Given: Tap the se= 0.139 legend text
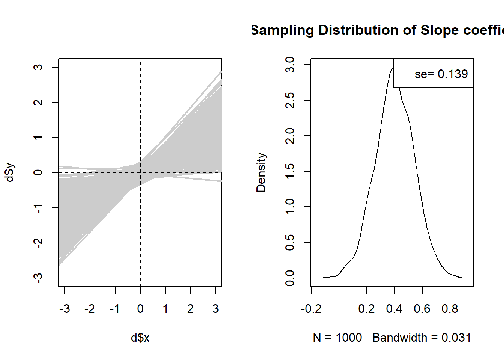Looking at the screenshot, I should [441, 74].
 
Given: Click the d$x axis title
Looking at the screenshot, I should [140, 338].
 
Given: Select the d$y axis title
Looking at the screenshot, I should [10, 172].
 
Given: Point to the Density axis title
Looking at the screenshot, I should [261, 172].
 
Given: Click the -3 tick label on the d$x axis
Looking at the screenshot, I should [64, 309].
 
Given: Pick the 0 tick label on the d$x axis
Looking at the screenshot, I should [140, 309].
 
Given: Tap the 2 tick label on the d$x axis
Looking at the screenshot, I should [190, 309].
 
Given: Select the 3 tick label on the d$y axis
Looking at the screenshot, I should [38, 67].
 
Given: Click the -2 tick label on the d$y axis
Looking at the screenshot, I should [38, 243].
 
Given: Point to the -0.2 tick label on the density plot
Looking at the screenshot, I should [311, 309].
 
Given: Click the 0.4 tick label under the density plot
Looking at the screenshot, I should [394, 309].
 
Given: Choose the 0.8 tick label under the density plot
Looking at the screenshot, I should [450, 309].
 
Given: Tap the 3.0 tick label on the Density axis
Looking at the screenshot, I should [290, 65].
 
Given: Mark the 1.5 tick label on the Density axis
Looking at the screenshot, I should [290, 171].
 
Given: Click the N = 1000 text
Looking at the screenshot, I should [337, 338].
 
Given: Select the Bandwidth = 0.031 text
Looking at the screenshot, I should [421, 338].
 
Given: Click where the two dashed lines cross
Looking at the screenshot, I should [140, 172].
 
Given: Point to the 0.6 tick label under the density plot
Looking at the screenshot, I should [422, 309].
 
